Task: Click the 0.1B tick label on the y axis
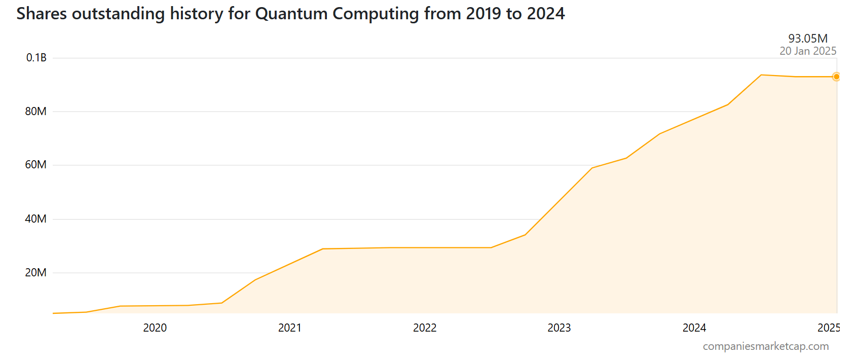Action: (x=36, y=58)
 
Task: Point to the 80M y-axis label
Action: (x=35, y=112)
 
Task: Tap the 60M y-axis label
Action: (x=35, y=165)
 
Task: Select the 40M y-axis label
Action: (x=35, y=219)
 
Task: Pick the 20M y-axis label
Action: (x=35, y=273)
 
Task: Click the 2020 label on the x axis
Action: (x=155, y=328)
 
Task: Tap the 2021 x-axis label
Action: (x=289, y=328)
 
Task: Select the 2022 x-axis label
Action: (x=424, y=328)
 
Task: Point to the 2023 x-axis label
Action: (x=559, y=328)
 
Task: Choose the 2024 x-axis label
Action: (x=694, y=328)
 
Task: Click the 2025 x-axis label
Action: (x=829, y=328)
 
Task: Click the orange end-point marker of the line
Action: (x=836, y=77)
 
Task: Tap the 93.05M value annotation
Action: (x=808, y=39)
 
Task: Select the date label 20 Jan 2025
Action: (x=808, y=51)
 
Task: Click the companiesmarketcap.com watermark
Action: (x=766, y=346)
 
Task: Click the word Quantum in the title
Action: (x=291, y=14)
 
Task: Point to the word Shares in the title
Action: (x=42, y=14)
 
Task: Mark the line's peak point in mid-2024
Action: (x=761, y=75)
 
